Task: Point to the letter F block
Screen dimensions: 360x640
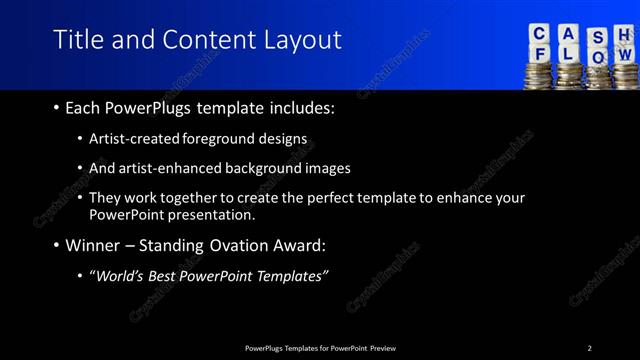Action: click(541, 56)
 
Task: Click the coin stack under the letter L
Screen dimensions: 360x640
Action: click(570, 76)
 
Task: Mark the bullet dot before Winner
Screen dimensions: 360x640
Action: click(55, 245)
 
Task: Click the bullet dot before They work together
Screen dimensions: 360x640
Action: click(80, 198)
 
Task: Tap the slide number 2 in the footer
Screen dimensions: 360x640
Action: click(589, 348)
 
